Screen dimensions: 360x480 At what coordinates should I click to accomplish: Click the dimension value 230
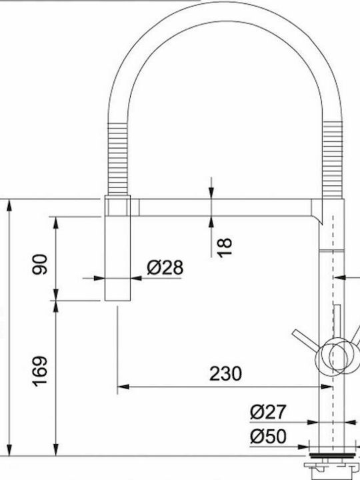coord(225,373)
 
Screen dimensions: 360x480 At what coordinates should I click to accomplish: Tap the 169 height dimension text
coord(41,371)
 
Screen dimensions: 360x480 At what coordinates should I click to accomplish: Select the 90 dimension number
coord(41,264)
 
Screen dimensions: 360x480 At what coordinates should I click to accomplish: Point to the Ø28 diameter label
coord(165,267)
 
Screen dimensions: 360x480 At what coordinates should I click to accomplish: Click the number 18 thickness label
coord(225,247)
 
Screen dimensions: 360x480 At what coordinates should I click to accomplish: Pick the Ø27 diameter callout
coord(268,412)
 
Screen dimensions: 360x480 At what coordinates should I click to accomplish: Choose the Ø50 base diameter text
coord(268,436)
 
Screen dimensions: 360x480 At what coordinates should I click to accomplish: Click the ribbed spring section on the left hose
coord(117,159)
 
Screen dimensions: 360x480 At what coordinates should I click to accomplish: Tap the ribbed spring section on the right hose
coord(334,159)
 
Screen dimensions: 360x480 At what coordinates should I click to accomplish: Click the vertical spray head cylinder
coord(117,248)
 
